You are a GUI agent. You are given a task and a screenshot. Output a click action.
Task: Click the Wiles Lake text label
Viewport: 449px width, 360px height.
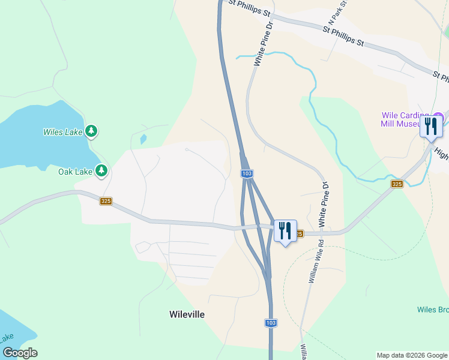pyautogui.click(x=63, y=131)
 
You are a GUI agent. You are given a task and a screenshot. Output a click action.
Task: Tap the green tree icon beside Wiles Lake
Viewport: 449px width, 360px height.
pyautogui.click(x=91, y=130)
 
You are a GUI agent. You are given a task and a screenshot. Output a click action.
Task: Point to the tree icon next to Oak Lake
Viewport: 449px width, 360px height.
pyautogui.click(x=101, y=171)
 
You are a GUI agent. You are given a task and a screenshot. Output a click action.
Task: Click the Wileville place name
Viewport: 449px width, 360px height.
pyautogui.click(x=187, y=314)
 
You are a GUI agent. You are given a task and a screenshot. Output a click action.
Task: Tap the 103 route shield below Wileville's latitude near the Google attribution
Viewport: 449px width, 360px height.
pyautogui.click(x=271, y=323)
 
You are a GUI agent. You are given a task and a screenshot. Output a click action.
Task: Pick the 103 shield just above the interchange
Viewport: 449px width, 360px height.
pyautogui.click(x=247, y=173)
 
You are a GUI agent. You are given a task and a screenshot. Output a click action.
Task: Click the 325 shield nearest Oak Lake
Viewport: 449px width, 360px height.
pyautogui.click(x=106, y=201)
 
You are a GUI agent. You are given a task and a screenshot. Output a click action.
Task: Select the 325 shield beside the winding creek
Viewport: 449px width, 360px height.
pyautogui.click(x=396, y=184)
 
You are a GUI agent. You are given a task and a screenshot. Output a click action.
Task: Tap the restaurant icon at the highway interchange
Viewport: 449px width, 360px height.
pyautogui.click(x=285, y=230)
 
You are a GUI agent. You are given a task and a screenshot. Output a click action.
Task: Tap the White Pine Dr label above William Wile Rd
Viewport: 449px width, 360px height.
pyautogui.click(x=324, y=205)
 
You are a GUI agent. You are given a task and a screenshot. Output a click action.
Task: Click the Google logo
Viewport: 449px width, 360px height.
pyautogui.click(x=20, y=353)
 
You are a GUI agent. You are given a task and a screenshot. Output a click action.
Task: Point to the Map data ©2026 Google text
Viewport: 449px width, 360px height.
pyautogui.click(x=412, y=355)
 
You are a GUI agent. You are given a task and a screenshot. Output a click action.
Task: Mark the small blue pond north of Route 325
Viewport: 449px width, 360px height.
pyautogui.click(x=142, y=139)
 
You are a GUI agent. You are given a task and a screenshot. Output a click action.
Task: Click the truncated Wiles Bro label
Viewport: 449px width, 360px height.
pyautogui.click(x=433, y=310)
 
